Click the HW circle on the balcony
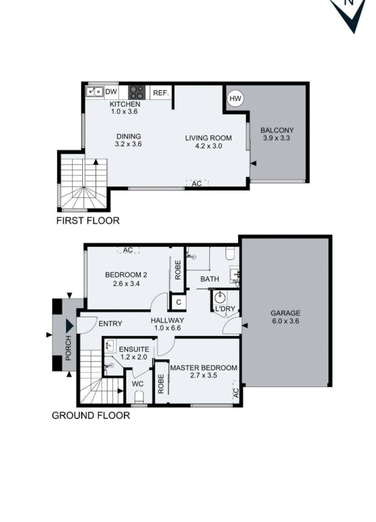point(235,98)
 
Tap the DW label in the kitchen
point(111,92)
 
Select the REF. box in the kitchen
point(161,93)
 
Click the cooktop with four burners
point(137,91)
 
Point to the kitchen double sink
point(95,91)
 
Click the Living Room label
point(208,138)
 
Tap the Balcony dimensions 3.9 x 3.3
point(277,138)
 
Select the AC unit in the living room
point(197,183)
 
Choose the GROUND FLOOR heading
point(90,415)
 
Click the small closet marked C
point(179,302)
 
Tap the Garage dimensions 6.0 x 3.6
point(285,322)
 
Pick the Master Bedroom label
point(204,368)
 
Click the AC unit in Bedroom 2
point(128,250)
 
